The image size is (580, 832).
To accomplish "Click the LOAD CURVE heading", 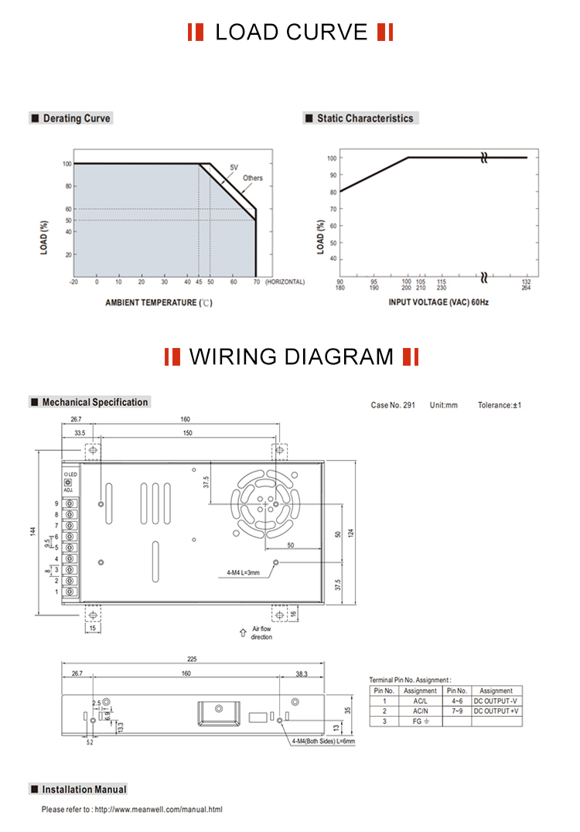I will (x=291, y=32).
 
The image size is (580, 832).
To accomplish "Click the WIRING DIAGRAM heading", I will (x=292, y=356).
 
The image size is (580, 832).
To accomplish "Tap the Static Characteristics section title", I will (x=364, y=118).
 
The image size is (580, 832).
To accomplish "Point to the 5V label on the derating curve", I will (x=234, y=168).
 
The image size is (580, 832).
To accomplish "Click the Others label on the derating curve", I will (x=253, y=179).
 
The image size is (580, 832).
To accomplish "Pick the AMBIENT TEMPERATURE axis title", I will (x=158, y=302).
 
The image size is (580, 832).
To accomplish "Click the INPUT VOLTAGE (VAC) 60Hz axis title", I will (x=438, y=302).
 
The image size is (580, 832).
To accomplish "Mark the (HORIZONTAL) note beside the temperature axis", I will (x=285, y=282).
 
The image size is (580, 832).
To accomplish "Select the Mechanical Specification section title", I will (x=94, y=402).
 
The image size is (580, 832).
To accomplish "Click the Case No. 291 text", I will (x=393, y=405).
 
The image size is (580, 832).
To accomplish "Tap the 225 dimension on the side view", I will (x=192, y=660).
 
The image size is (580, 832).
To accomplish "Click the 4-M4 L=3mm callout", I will (x=242, y=573).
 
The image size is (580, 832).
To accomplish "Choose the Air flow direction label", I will (x=261, y=633).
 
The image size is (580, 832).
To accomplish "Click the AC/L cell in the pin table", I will (x=420, y=701).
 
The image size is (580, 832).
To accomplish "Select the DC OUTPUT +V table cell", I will (x=496, y=711).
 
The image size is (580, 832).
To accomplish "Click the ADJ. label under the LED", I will (x=68, y=490).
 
